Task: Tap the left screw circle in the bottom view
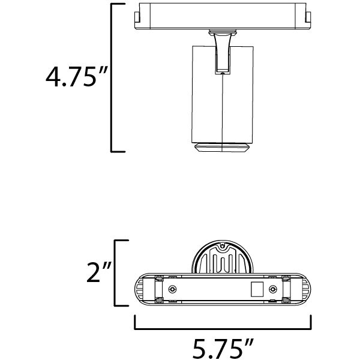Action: coord(173,290)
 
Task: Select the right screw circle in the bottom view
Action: coord(274,290)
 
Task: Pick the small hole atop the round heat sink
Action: coord(223,247)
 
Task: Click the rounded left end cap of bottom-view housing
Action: coord(139,290)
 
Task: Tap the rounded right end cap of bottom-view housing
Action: coord(306,290)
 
